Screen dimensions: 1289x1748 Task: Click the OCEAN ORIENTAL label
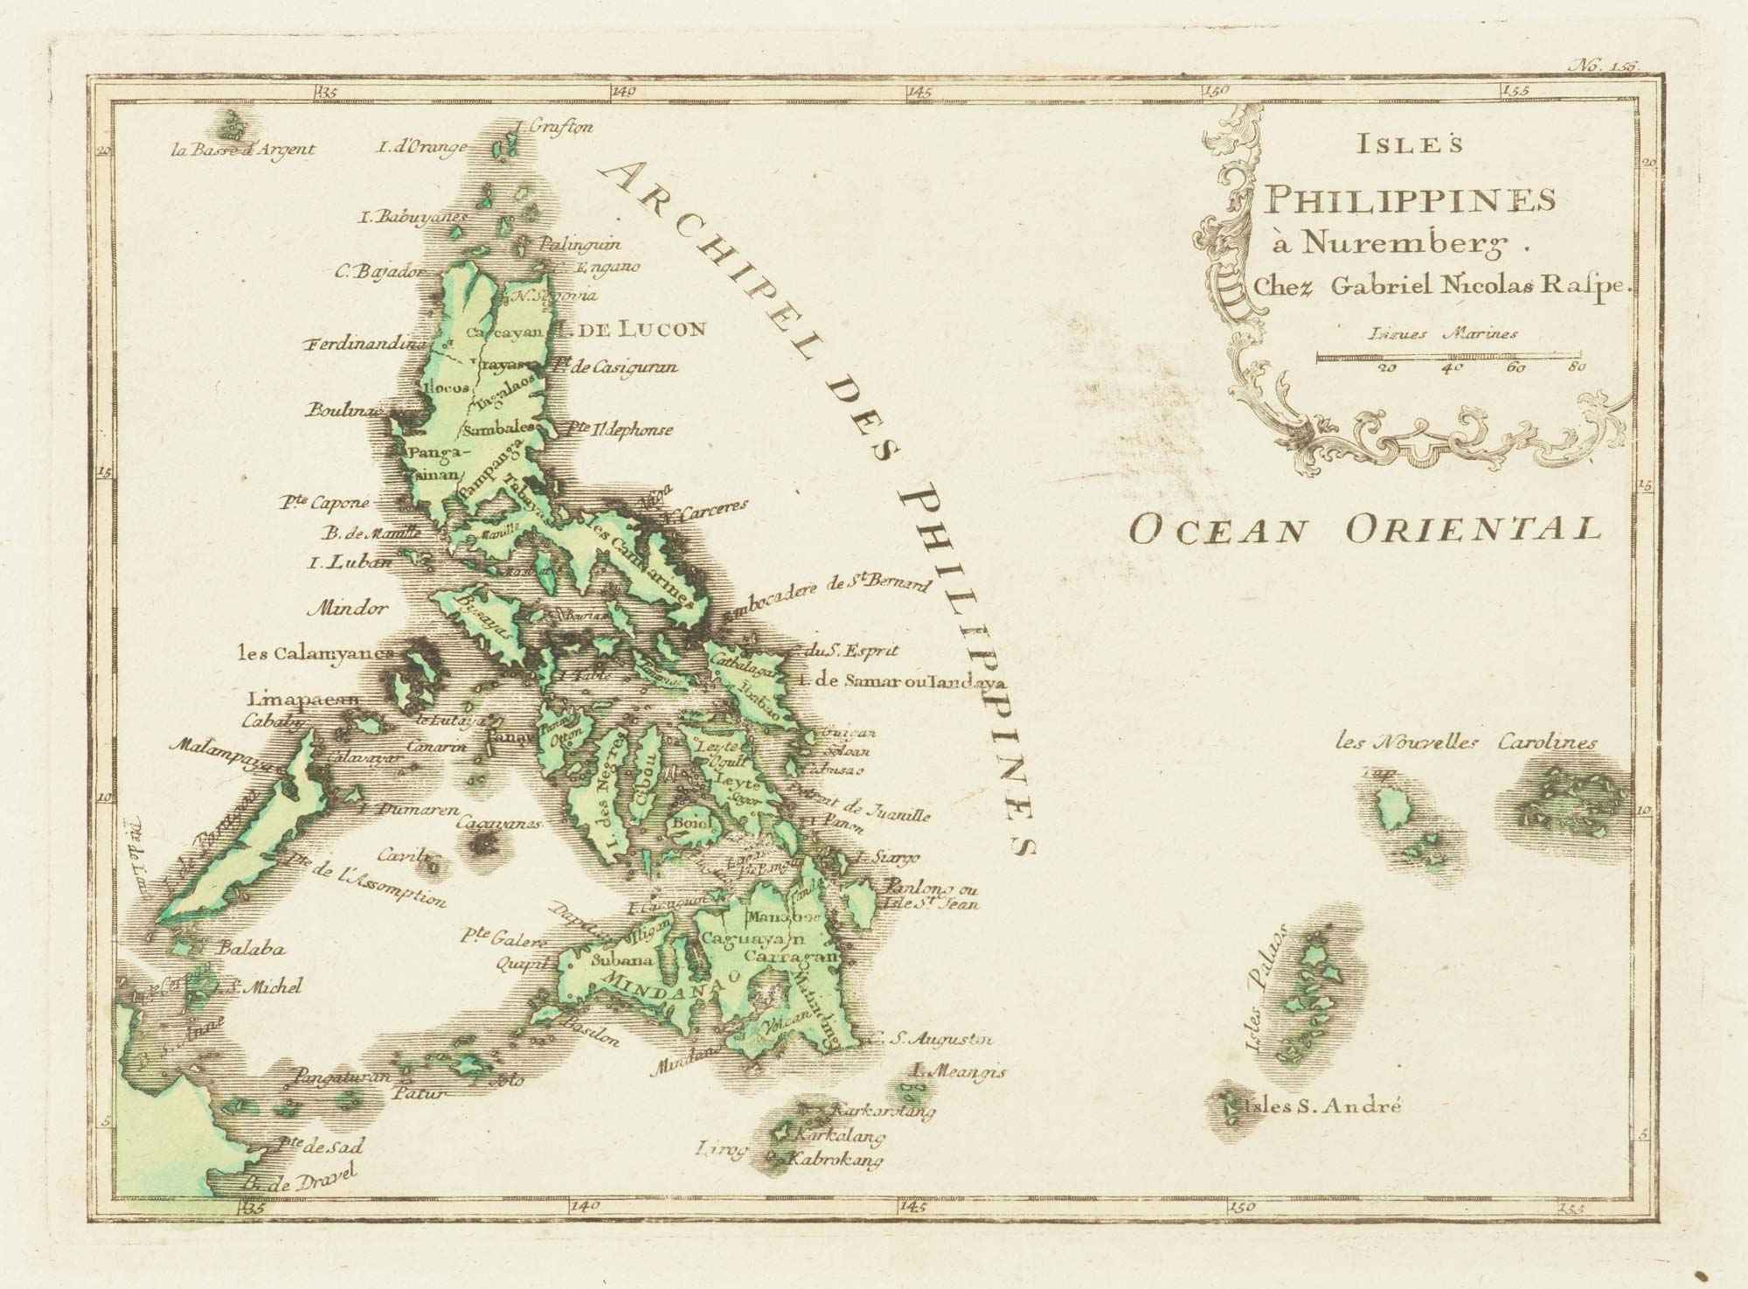coord(1364,529)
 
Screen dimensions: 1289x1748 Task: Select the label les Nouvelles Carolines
coord(1467,743)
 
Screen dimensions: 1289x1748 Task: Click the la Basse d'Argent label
coord(243,149)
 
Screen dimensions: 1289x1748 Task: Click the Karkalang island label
coord(836,1136)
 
